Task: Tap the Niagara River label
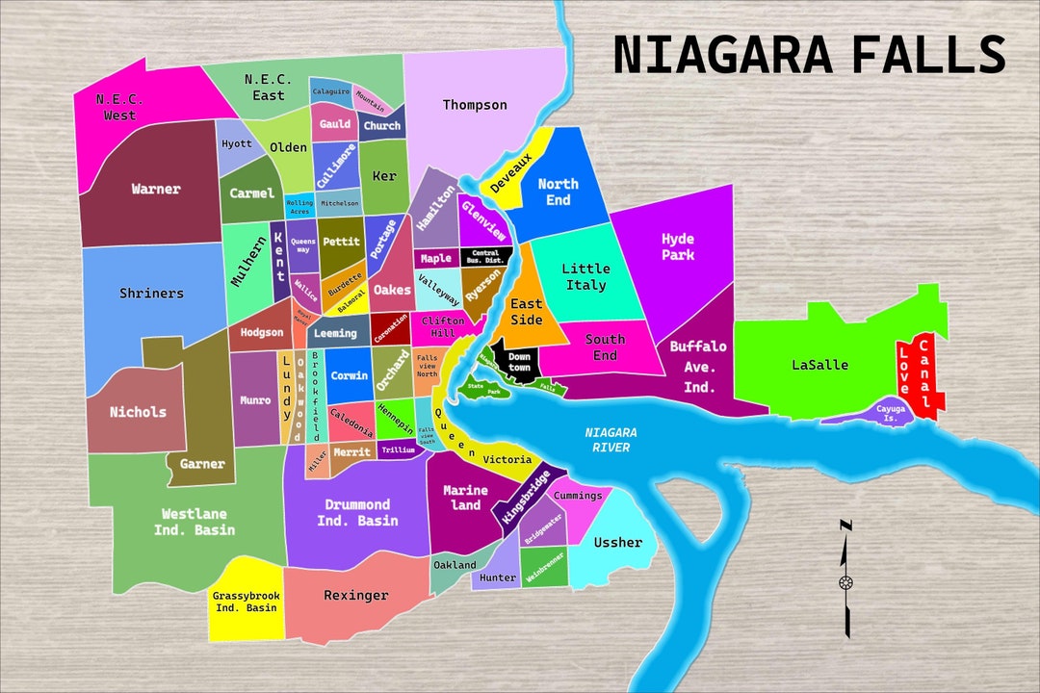611,440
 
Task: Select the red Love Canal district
916,377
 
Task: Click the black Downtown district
518,362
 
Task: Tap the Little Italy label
585,277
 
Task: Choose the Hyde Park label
677,246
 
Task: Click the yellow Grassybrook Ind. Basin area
247,602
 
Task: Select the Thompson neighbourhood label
474,105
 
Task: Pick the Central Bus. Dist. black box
485,258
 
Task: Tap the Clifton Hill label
442,327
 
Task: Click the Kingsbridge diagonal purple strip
525,497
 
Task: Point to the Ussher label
617,543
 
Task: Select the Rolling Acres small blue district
299,207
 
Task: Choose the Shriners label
151,294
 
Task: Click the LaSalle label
819,365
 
